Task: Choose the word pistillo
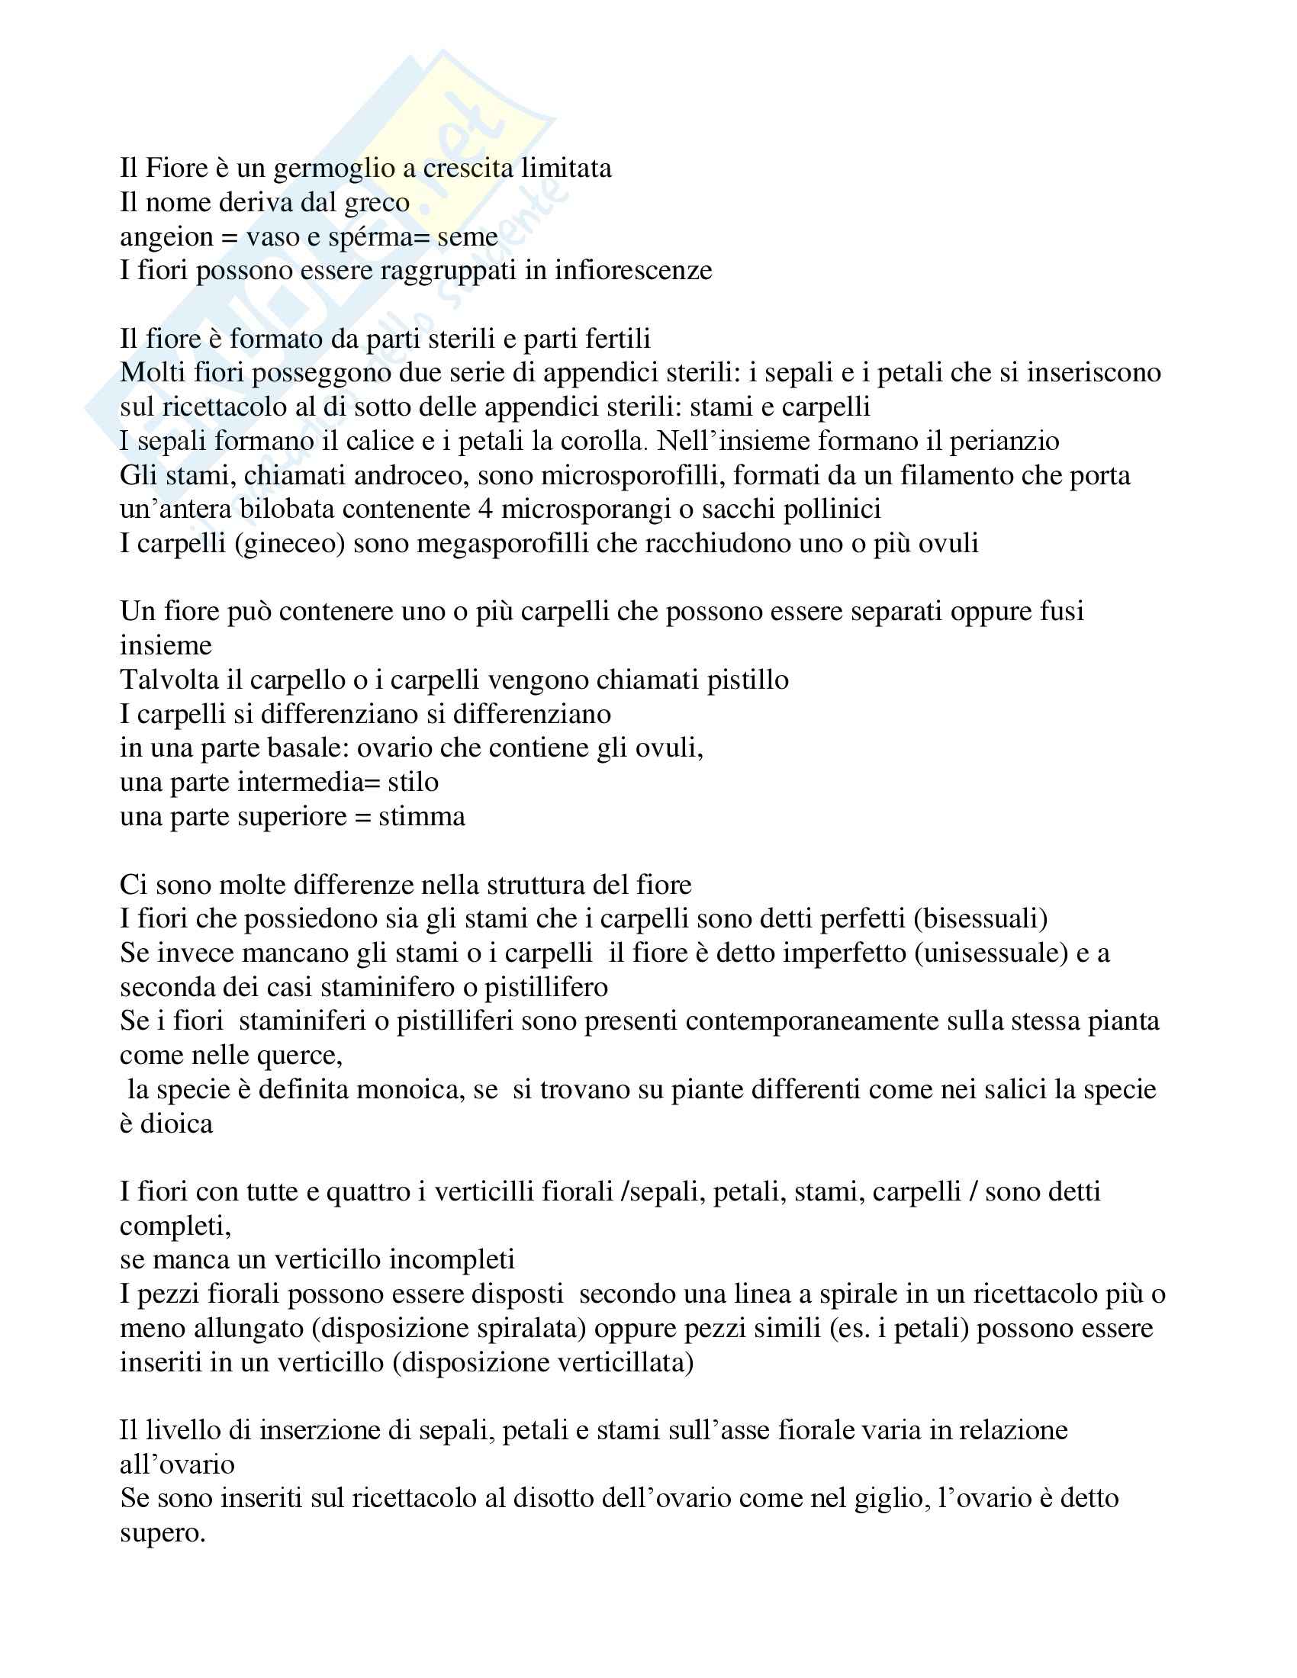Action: tap(748, 680)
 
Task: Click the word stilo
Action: tap(413, 782)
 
